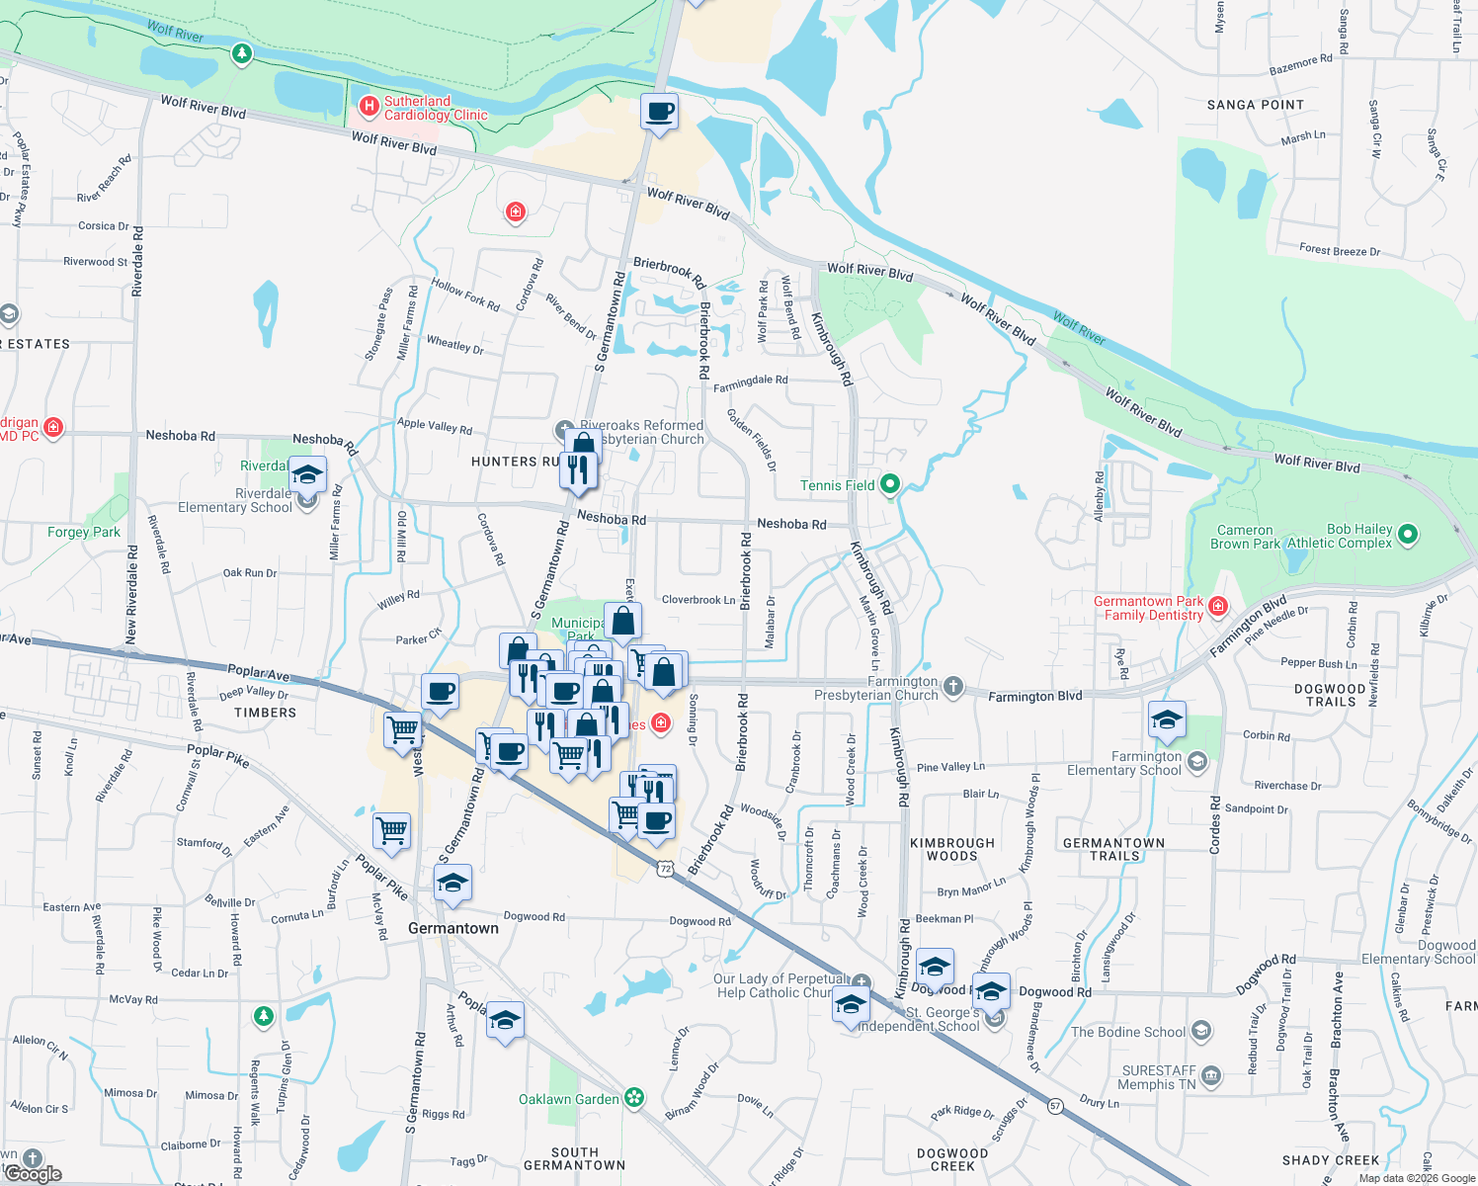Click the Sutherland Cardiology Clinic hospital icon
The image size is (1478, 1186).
369,106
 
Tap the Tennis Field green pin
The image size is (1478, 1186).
890,484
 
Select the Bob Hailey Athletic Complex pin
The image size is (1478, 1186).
1408,535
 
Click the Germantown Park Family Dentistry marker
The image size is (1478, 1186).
1218,606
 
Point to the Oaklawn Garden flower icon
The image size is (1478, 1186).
633,1097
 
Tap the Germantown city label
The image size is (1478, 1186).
453,928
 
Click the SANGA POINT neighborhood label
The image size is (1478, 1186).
1255,105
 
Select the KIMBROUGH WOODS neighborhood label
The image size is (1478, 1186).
951,849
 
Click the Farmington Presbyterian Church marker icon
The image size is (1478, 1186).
952,686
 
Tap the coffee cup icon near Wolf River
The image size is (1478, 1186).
659,113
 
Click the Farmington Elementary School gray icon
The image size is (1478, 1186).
1197,761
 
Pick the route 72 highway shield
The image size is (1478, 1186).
665,869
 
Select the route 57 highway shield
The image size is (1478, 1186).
1056,1106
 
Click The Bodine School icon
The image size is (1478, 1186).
1200,1032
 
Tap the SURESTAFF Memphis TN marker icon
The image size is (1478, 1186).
1211,1075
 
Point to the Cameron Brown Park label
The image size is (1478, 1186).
1245,537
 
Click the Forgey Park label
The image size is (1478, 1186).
84,532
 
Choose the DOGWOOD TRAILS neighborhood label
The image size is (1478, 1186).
1330,695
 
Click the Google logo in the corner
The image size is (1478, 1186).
33,1173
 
